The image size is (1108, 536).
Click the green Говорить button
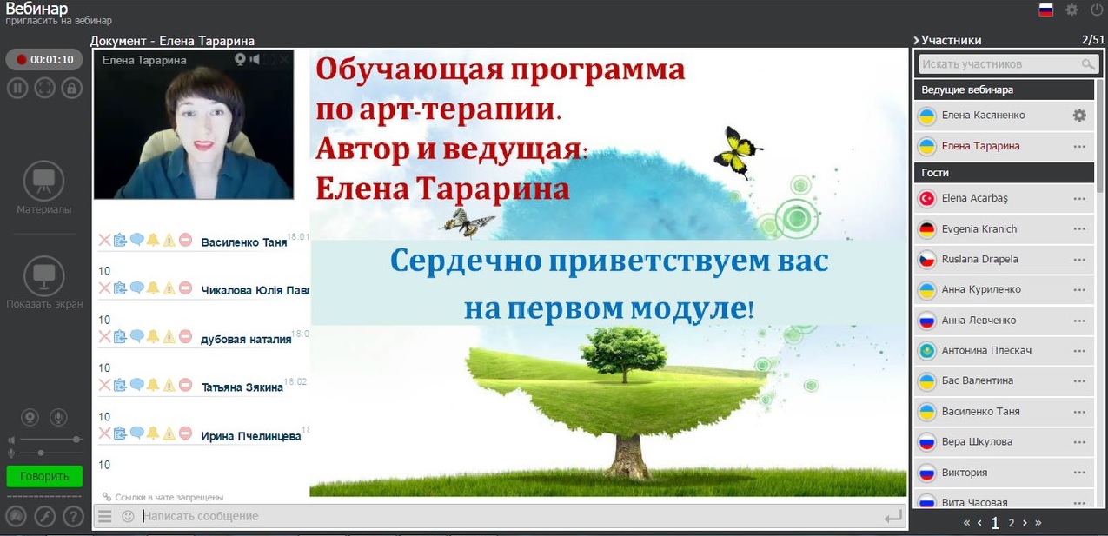44,476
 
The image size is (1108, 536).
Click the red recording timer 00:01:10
44,60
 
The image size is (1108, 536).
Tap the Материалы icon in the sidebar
43,181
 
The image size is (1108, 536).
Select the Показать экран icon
43,276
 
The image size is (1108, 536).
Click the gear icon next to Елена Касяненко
1079,116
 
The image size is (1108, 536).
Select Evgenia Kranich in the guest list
979,229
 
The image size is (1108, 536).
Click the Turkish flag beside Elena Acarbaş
926,199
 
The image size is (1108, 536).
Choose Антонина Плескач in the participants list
986,351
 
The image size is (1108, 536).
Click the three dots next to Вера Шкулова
1079,442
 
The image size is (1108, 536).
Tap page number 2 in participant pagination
1012,523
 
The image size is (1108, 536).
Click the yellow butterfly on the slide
737,151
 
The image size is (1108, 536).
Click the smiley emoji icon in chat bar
128,516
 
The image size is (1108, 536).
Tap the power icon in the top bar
1097,10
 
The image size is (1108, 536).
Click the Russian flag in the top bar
1045,10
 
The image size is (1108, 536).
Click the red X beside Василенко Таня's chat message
104,241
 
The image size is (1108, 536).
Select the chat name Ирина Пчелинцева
251,436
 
